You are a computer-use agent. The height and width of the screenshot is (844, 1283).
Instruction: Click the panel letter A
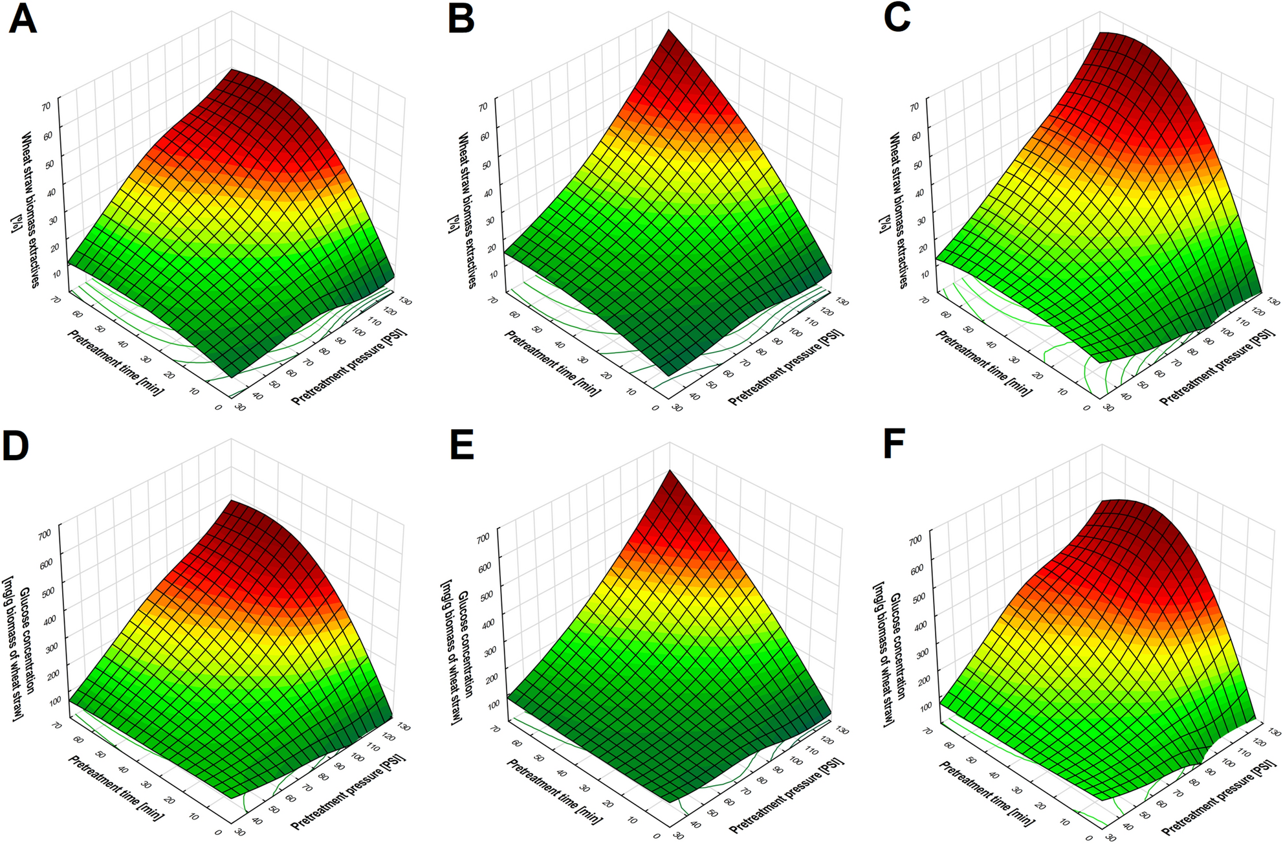(22, 19)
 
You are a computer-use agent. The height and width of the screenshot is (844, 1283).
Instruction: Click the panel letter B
(461, 19)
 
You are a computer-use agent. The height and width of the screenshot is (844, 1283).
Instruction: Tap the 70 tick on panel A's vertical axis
(47, 107)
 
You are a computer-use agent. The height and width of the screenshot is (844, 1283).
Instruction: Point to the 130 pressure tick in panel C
(1273, 302)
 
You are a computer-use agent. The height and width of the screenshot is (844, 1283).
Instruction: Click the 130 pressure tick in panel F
(1274, 732)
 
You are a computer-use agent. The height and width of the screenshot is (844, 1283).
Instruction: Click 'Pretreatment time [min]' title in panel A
(115, 362)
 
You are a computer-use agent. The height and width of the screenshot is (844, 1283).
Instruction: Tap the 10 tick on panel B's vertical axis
(494, 274)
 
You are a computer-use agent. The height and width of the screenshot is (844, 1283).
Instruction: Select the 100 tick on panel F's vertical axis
(925, 706)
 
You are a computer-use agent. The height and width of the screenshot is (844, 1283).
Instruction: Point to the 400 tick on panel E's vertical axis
(488, 623)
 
